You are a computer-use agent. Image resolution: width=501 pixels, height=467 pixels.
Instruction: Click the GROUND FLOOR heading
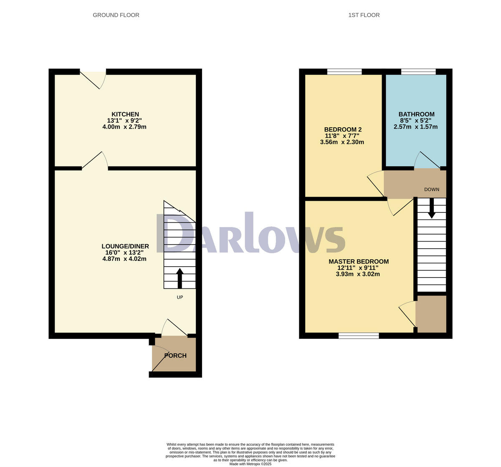click(116, 15)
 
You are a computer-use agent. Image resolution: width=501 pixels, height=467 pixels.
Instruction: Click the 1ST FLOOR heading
click(364, 15)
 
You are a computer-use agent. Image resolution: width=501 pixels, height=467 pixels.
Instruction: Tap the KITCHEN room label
click(125, 114)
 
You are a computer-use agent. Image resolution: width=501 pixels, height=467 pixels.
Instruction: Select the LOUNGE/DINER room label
click(125, 246)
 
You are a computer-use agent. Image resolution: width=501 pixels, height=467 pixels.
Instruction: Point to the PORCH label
click(175, 356)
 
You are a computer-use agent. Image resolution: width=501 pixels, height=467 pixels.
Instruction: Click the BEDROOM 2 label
click(343, 129)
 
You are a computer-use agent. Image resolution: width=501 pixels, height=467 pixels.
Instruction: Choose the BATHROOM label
click(416, 114)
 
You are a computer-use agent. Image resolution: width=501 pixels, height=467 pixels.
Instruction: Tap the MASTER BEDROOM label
click(359, 262)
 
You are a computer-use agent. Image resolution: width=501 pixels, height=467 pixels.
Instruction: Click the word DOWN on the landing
click(432, 189)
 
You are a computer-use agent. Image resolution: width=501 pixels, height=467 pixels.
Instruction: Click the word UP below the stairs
click(180, 297)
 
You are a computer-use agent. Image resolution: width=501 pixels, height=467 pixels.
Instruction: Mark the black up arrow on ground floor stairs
click(180, 278)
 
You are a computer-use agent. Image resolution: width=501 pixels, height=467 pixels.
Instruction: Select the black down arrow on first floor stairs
click(432, 208)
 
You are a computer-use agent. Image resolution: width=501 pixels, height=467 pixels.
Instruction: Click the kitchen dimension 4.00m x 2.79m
click(124, 127)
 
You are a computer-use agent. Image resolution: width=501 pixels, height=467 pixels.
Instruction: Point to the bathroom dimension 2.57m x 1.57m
click(415, 127)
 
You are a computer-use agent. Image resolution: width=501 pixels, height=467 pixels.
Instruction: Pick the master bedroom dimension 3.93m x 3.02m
click(358, 274)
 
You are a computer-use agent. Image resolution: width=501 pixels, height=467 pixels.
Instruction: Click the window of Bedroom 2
click(344, 71)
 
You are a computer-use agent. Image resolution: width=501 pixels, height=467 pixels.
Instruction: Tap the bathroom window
click(418, 71)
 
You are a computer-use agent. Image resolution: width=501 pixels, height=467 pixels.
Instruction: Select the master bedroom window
click(359, 336)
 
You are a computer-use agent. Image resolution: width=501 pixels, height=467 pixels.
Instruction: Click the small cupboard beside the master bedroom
click(431, 314)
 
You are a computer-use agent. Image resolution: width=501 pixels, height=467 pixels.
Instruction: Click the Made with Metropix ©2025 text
click(250, 464)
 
